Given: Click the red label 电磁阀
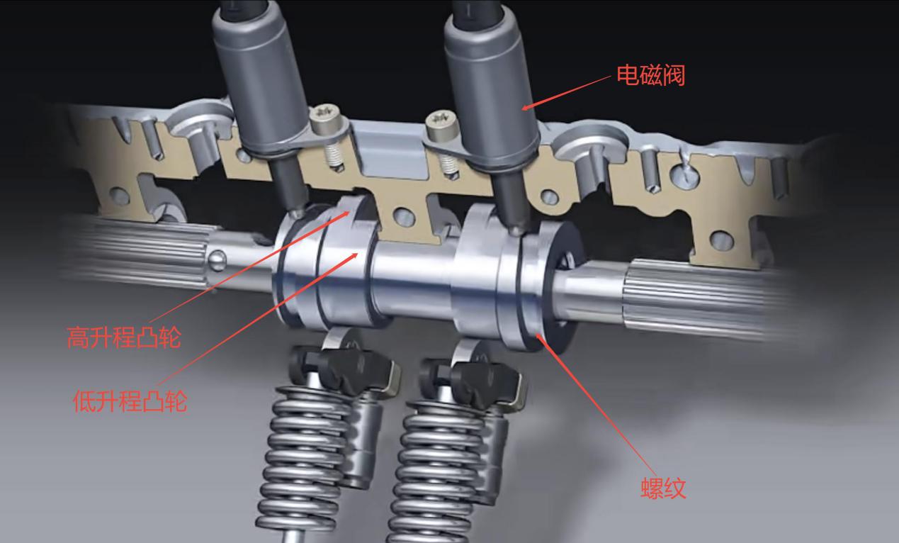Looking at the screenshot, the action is tap(650, 75).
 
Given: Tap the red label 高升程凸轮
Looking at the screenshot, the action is tap(124, 337).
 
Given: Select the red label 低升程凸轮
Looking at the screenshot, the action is tap(130, 401).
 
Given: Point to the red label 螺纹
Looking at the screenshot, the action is tap(663, 488).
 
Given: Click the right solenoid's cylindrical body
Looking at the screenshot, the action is tap(492, 84).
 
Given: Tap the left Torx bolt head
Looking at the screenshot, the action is tap(325, 119).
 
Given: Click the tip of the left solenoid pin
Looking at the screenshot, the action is tap(298, 213).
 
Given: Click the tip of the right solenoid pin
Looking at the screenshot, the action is tap(518, 231).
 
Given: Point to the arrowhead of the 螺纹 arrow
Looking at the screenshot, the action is tap(541, 339).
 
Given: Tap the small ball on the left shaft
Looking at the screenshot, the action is tap(217, 259).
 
